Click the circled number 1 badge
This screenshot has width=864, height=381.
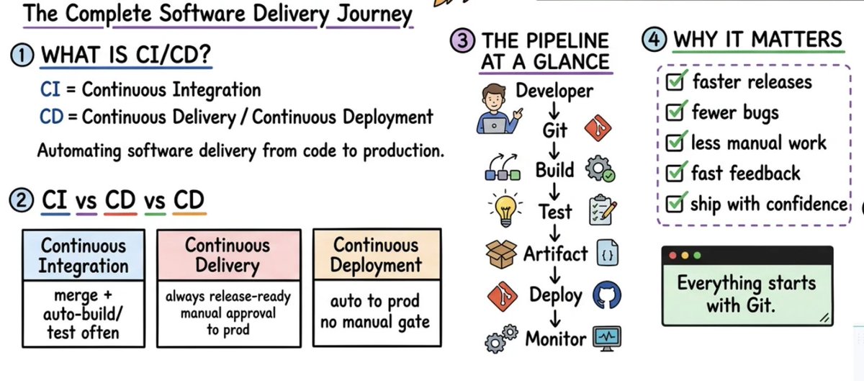(x=22, y=55)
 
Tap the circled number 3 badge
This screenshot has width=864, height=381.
(x=462, y=40)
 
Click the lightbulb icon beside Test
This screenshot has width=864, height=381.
(x=505, y=209)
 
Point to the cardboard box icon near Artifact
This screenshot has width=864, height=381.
(x=500, y=254)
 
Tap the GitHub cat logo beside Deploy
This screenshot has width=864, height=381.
(x=607, y=295)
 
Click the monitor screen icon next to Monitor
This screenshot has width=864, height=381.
(x=607, y=339)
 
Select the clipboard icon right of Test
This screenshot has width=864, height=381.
(x=603, y=210)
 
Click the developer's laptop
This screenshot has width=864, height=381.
(x=494, y=125)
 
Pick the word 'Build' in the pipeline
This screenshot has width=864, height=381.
(x=554, y=170)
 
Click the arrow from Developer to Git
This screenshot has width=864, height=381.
(x=554, y=110)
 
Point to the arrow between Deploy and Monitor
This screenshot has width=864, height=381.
(x=554, y=318)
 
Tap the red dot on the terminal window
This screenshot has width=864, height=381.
(x=672, y=256)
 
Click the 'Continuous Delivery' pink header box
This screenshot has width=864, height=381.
(x=229, y=255)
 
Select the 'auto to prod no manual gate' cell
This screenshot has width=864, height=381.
(x=377, y=313)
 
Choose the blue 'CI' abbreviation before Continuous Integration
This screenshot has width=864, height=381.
(x=50, y=89)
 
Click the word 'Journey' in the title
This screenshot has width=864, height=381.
(x=374, y=14)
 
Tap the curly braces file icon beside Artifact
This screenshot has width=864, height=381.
(x=608, y=253)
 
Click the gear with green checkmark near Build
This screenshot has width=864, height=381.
(x=600, y=169)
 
